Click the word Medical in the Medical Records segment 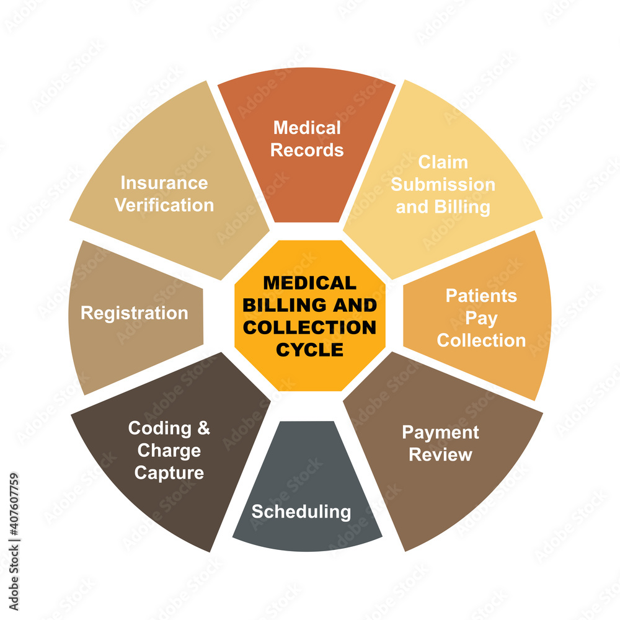pos(307,128)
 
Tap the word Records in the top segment pos(307,150)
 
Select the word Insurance pos(164,183)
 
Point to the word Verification pos(164,205)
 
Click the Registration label pos(135,313)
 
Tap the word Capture pos(169,473)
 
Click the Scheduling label pos(301,512)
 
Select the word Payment pos(440,432)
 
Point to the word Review pos(440,454)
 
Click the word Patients pos(481,296)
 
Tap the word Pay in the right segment pos(481,318)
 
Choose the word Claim pos(443,162)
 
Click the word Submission pos(443,185)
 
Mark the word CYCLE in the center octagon pos(309,350)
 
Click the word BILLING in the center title pos(291,306)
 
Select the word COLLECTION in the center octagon pos(309,327)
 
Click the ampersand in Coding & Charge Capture pos(204,428)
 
